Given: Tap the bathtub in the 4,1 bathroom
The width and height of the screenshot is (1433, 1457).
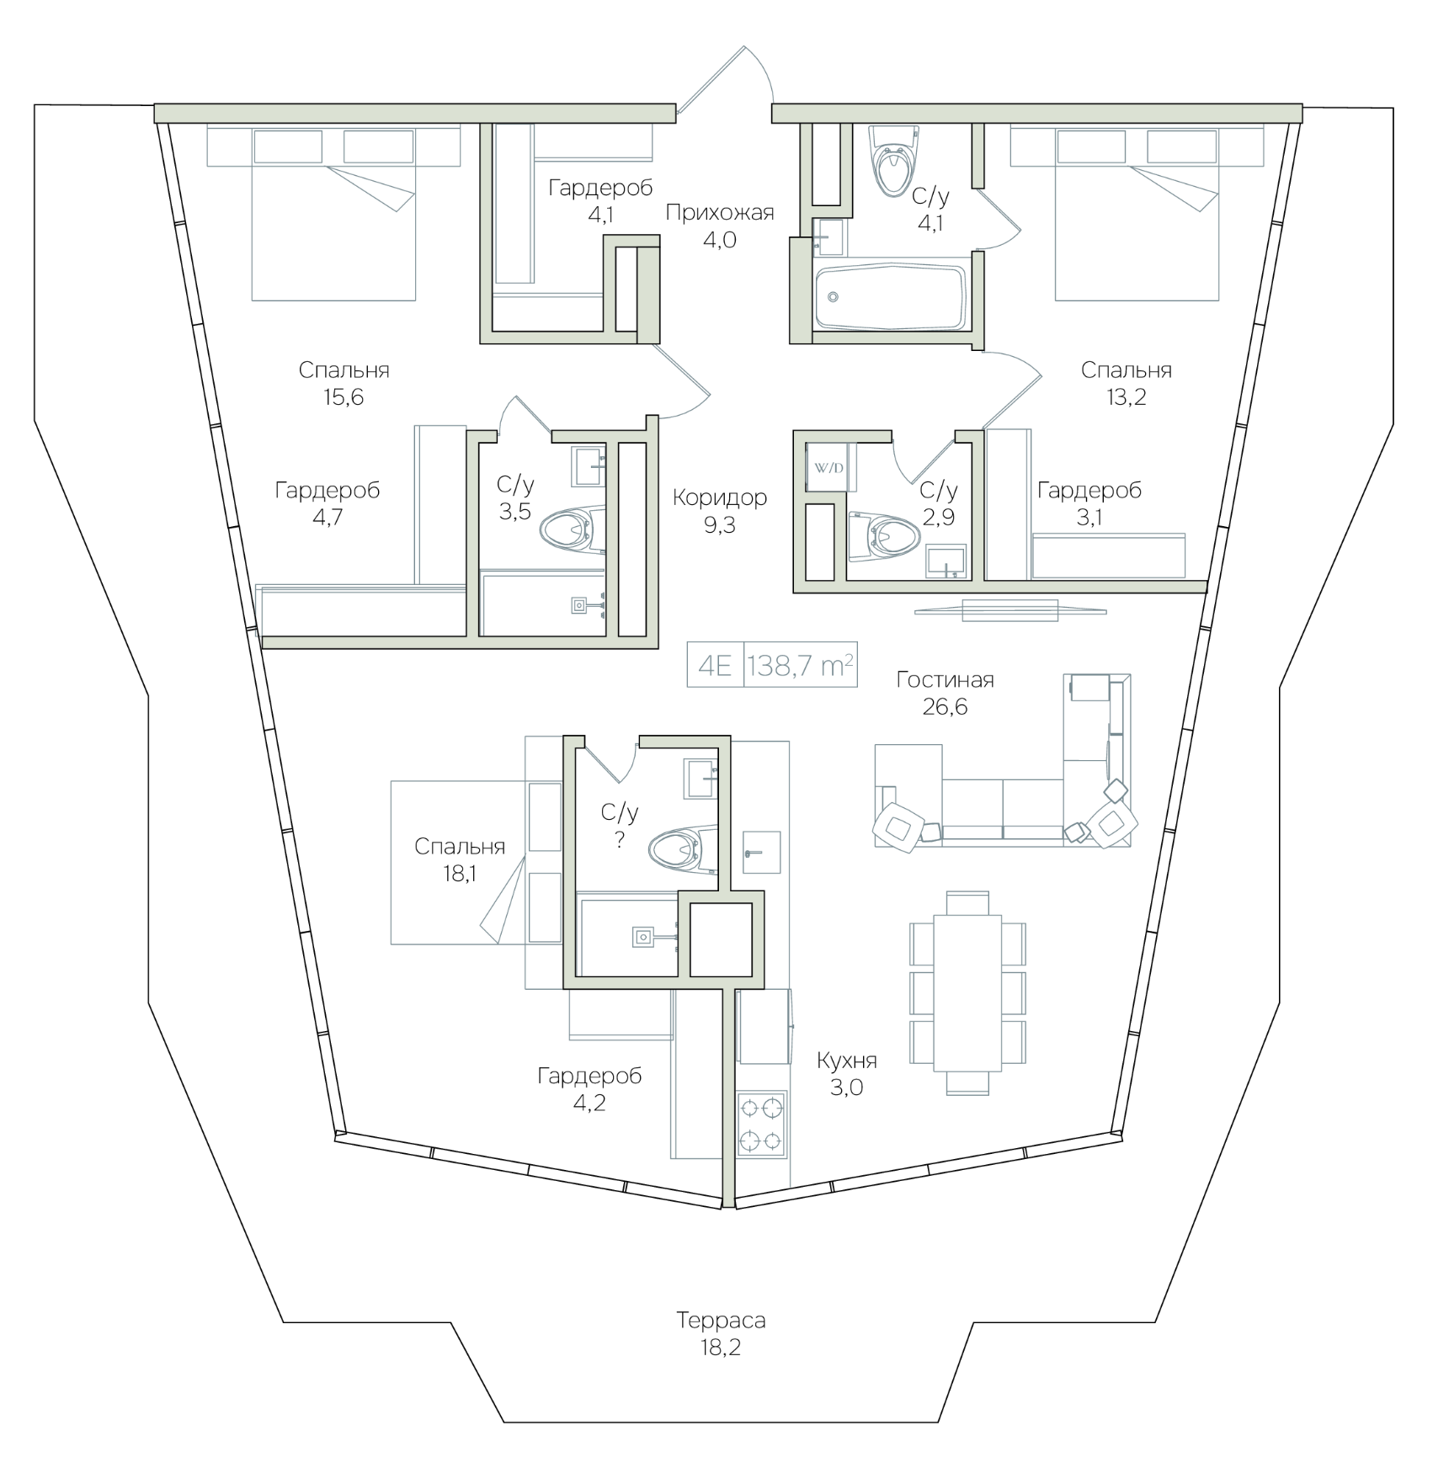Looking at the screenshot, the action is click(x=891, y=298).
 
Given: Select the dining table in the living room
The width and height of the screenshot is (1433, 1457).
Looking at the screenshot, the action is click(x=968, y=992).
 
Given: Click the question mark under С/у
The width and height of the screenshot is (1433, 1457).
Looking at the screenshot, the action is click(x=620, y=839).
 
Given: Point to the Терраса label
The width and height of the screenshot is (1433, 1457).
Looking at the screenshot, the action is click(x=721, y=1321).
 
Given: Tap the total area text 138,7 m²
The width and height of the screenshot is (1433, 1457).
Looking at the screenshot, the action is click(x=801, y=667).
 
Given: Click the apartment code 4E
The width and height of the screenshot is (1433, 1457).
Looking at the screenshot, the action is click(x=715, y=667).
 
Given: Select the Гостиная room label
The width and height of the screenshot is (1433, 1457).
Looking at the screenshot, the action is click(x=945, y=679).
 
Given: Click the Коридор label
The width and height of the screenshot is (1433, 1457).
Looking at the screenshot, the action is click(x=720, y=497).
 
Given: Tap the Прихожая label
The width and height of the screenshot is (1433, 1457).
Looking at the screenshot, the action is click(x=720, y=212).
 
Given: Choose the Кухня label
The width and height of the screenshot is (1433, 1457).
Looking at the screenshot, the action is click(x=847, y=1061).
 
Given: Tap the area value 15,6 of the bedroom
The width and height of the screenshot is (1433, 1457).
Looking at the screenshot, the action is click(x=344, y=397).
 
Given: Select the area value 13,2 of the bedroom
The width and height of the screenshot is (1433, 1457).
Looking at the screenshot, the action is click(x=1126, y=397).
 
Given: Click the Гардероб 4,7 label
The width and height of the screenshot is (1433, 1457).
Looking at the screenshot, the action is click(x=328, y=503).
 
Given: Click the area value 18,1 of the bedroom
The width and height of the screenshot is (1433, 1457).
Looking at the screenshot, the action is click(x=460, y=874).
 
